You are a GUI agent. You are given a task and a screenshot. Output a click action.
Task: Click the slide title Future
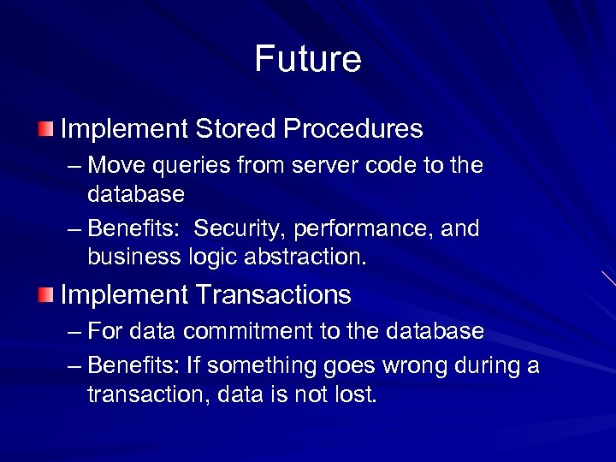[308, 60]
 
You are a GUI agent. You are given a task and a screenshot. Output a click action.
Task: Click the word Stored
[234, 129]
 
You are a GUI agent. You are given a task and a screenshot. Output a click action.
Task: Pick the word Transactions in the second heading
[274, 295]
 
